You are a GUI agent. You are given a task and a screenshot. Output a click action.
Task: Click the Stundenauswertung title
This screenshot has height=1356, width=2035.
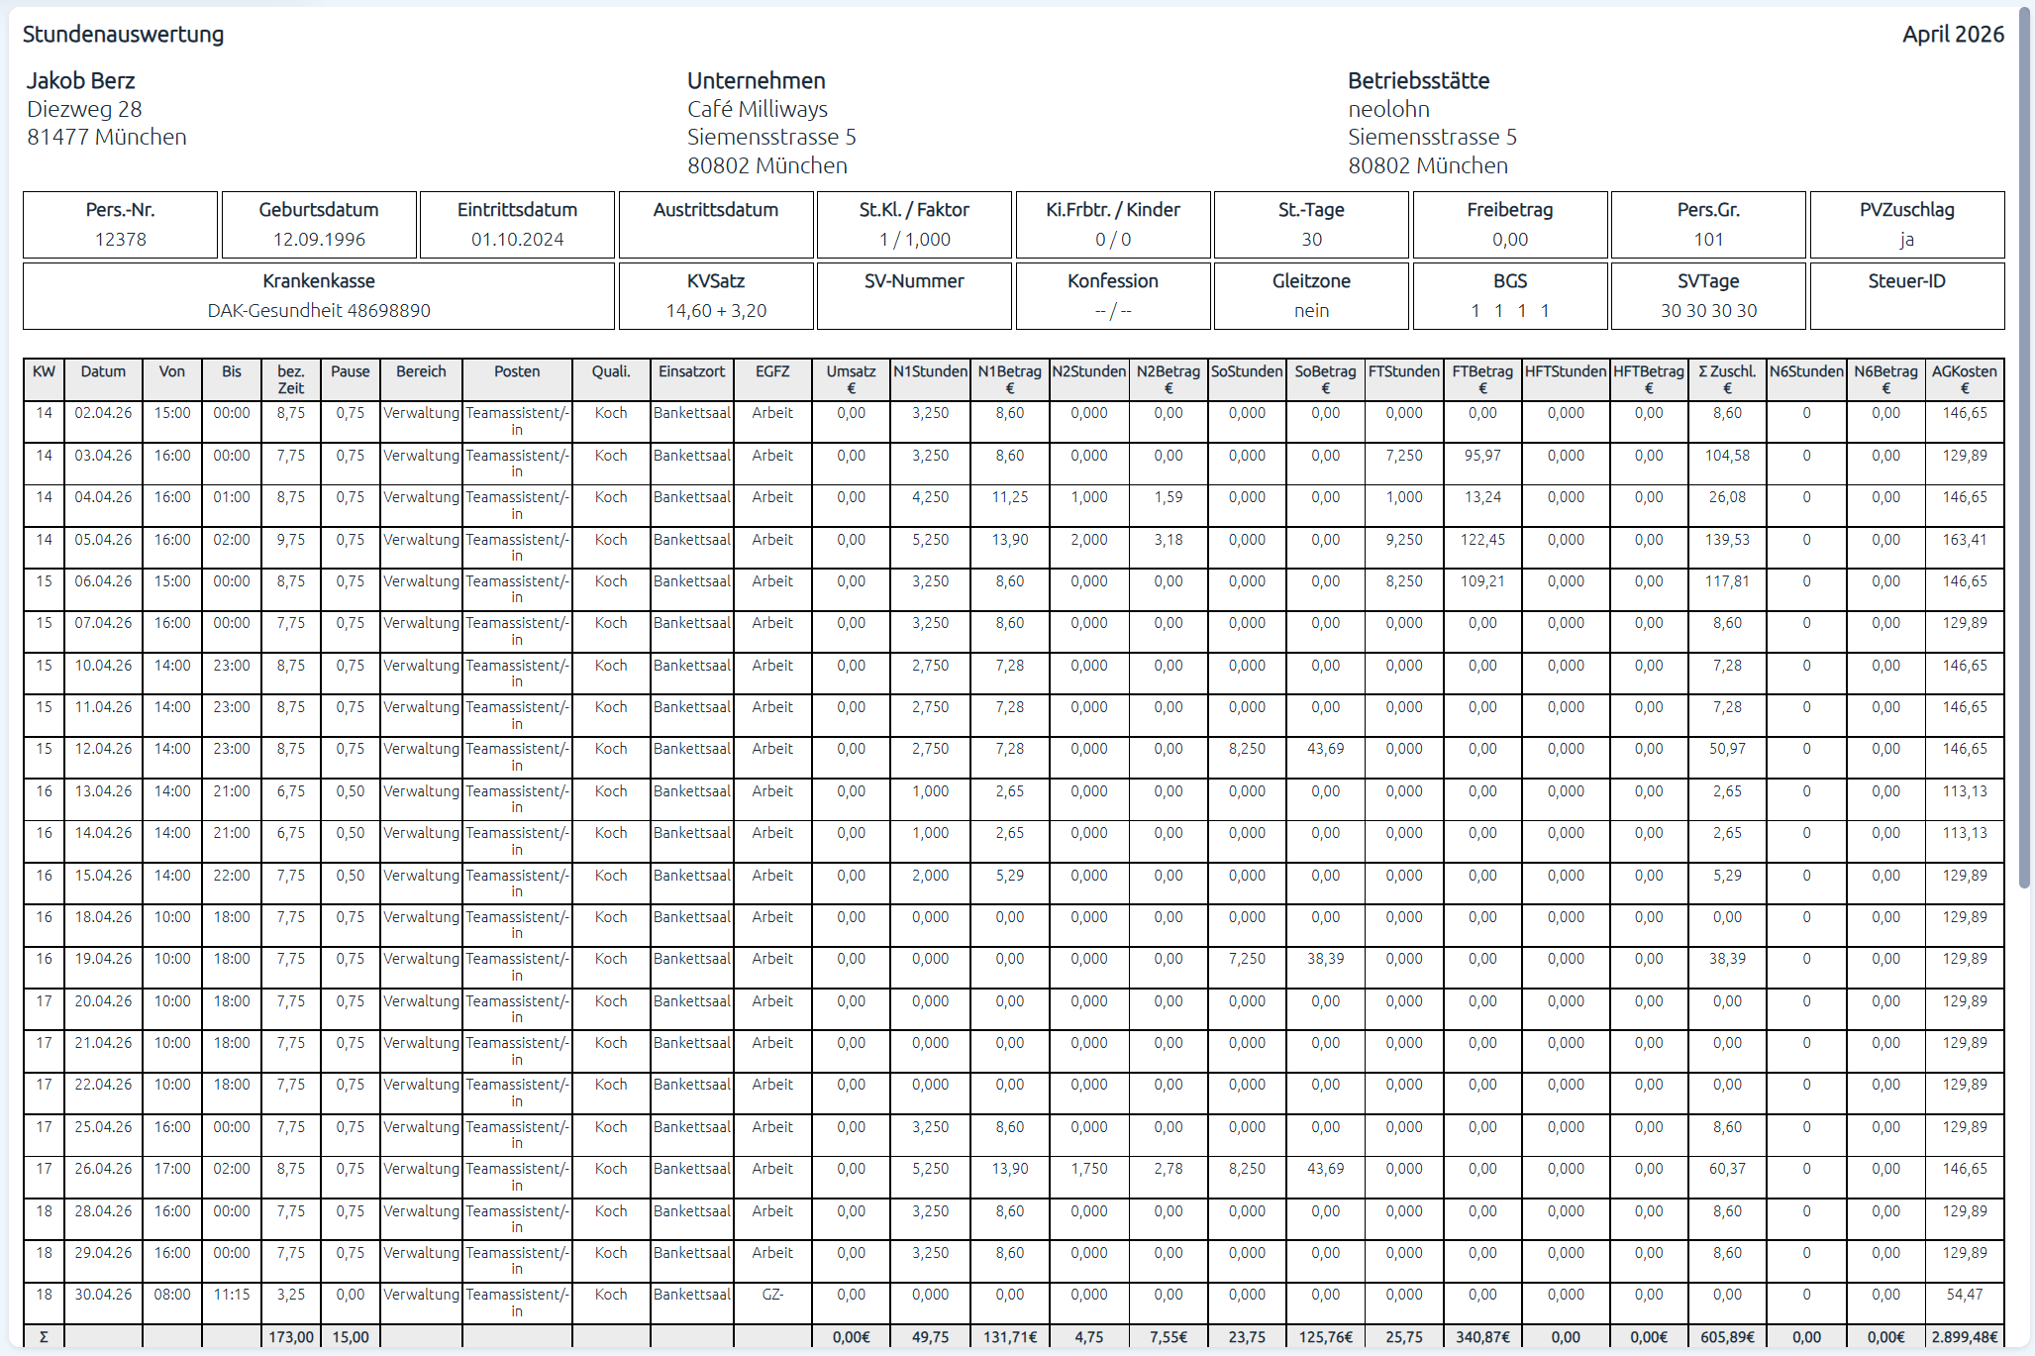tap(123, 35)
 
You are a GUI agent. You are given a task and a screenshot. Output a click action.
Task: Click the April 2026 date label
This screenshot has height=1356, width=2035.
tap(1952, 35)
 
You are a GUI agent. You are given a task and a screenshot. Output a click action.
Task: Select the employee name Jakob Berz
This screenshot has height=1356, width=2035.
tap(80, 81)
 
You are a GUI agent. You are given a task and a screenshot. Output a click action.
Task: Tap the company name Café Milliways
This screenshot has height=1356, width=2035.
tap(757, 109)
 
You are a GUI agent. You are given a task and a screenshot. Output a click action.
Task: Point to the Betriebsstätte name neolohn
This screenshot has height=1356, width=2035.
tap(1388, 109)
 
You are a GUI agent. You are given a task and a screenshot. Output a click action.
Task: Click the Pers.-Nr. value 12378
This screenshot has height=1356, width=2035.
tap(121, 240)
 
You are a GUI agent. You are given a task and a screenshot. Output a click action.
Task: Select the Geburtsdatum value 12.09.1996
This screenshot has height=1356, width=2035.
tap(319, 240)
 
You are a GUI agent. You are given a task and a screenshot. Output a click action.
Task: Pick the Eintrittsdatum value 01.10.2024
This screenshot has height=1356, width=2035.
tap(517, 240)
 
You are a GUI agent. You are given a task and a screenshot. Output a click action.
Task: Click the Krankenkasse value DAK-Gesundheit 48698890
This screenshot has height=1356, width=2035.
tap(319, 311)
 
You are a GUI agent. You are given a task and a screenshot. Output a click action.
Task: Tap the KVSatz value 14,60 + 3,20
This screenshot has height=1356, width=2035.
tap(716, 311)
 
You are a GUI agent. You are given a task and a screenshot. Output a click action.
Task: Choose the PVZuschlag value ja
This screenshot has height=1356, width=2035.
tap(1906, 240)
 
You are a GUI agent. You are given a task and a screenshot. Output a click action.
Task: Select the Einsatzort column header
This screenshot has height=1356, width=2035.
tap(691, 372)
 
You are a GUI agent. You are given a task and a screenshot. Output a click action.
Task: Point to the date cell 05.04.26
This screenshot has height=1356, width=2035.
tap(103, 540)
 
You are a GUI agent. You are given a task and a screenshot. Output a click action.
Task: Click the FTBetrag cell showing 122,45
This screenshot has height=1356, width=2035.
tap(1482, 540)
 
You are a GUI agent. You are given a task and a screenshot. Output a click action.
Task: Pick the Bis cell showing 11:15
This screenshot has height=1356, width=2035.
tap(232, 1295)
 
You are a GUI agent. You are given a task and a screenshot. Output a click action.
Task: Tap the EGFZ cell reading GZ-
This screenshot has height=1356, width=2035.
tap(772, 1295)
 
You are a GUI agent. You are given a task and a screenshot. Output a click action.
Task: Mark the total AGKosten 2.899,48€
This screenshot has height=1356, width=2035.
tap(1964, 1337)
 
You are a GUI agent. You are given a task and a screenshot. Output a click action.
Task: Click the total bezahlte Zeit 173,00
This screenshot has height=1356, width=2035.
tap(291, 1337)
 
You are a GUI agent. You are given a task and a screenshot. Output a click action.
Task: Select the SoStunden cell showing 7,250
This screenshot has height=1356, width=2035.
tap(1247, 959)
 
